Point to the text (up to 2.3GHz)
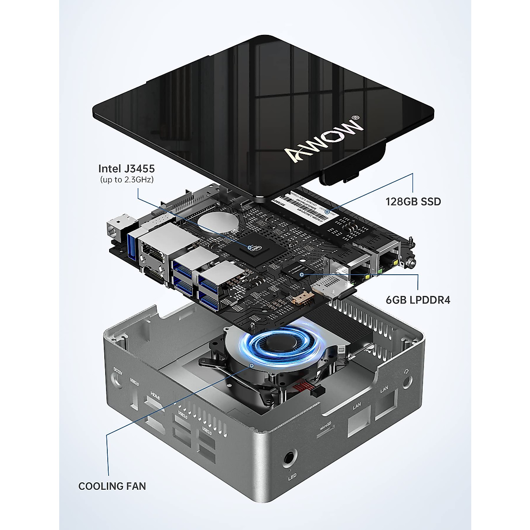[x=126, y=180]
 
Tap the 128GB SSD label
[x=413, y=202]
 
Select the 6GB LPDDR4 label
[x=418, y=300]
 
